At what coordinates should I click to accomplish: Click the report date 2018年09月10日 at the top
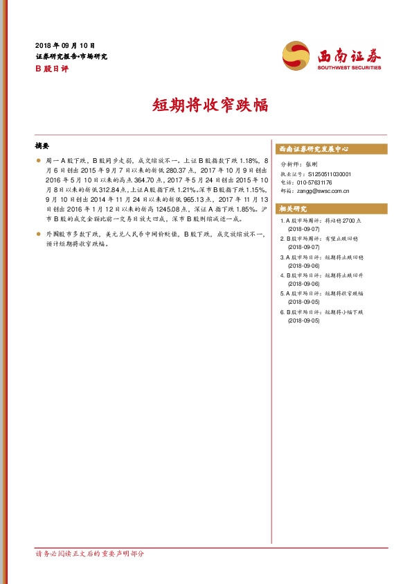[x=64, y=45]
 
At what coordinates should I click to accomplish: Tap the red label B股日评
[x=49, y=69]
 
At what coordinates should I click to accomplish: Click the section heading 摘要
[x=42, y=146]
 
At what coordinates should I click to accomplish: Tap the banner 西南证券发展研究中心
[x=313, y=149]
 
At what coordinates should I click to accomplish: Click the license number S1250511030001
[x=329, y=174]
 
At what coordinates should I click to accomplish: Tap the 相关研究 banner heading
[x=292, y=208]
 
